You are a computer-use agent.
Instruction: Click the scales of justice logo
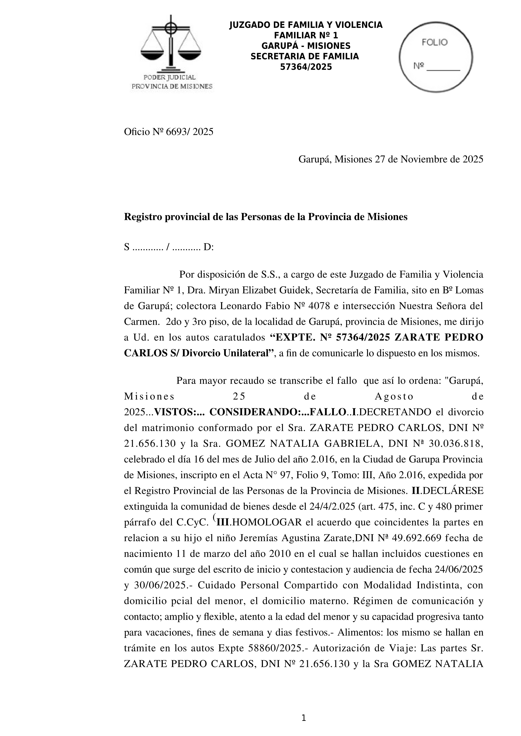tap(171, 43)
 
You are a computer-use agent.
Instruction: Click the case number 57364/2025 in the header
tap(306, 67)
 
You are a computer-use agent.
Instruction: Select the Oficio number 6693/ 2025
tap(189, 132)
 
